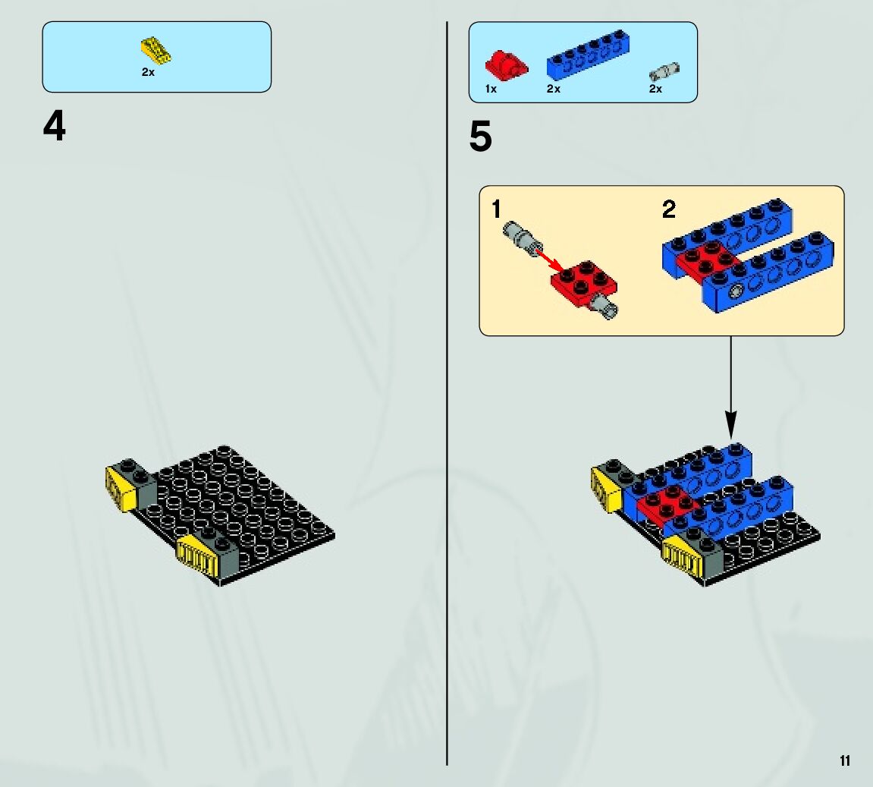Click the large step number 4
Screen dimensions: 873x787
click(55, 127)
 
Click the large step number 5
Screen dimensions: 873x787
click(480, 137)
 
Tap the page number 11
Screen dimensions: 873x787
click(844, 760)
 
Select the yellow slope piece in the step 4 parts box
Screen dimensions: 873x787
click(155, 51)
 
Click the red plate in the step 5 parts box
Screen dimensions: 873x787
click(506, 65)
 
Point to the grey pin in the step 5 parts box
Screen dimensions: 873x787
click(664, 72)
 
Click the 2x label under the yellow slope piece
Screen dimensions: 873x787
click(148, 72)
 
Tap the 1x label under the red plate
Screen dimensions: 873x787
click(491, 90)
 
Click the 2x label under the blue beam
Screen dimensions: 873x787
click(554, 90)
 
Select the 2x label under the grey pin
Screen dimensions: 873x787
click(655, 90)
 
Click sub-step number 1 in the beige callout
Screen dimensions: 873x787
click(497, 209)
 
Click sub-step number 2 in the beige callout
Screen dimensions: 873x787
click(668, 209)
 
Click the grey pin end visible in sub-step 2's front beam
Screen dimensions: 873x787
click(734, 291)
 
